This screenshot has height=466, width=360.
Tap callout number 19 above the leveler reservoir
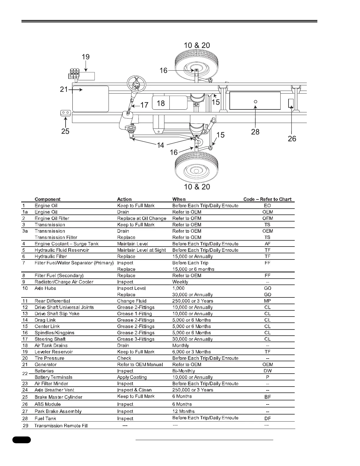click(x=86, y=57)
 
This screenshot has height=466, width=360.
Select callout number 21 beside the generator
click(x=64, y=89)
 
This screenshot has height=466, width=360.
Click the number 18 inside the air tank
click(x=161, y=103)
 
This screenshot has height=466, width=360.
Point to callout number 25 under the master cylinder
click(x=65, y=131)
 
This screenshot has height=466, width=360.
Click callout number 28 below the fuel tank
click(x=255, y=132)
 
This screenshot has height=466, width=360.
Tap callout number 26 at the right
click(x=292, y=138)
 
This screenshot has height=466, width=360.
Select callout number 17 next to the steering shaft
click(x=144, y=105)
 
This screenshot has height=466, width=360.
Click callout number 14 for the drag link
click(x=160, y=145)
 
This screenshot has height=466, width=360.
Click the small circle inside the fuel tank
click(x=256, y=101)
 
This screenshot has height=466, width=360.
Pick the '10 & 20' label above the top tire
click(x=197, y=45)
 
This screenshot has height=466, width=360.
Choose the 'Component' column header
click(x=47, y=199)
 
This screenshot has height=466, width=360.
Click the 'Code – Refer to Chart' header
click(x=267, y=199)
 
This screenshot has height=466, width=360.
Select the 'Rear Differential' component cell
click(x=52, y=301)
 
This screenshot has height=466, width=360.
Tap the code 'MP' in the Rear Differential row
click(x=267, y=301)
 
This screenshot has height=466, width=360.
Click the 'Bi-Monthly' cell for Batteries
click(x=184, y=371)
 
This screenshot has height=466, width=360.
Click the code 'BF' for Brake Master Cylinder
click(x=268, y=397)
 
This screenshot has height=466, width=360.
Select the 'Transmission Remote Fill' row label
click(x=61, y=426)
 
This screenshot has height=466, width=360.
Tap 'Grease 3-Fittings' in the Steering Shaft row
click(x=136, y=339)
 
